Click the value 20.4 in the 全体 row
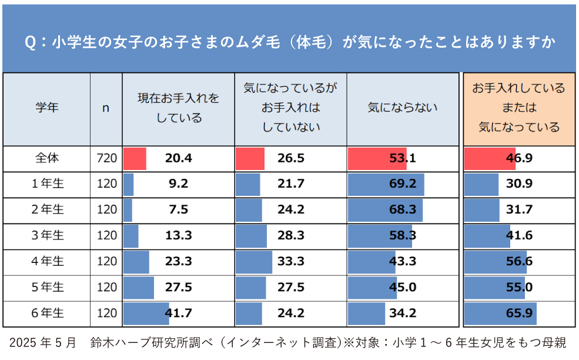point(178,158)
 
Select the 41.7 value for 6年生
point(178,314)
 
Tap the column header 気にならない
point(402,108)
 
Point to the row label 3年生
point(47,236)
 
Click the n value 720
point(106,158)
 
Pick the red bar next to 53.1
point(376,158)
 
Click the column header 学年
point(47,108)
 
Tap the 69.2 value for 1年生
point(403,184)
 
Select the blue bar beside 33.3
point(254,262)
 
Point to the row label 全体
point(47,158)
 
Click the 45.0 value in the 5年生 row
point(403,288)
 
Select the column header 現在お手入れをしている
point(178,108)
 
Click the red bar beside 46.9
point(489,158)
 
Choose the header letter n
point(106,108)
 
